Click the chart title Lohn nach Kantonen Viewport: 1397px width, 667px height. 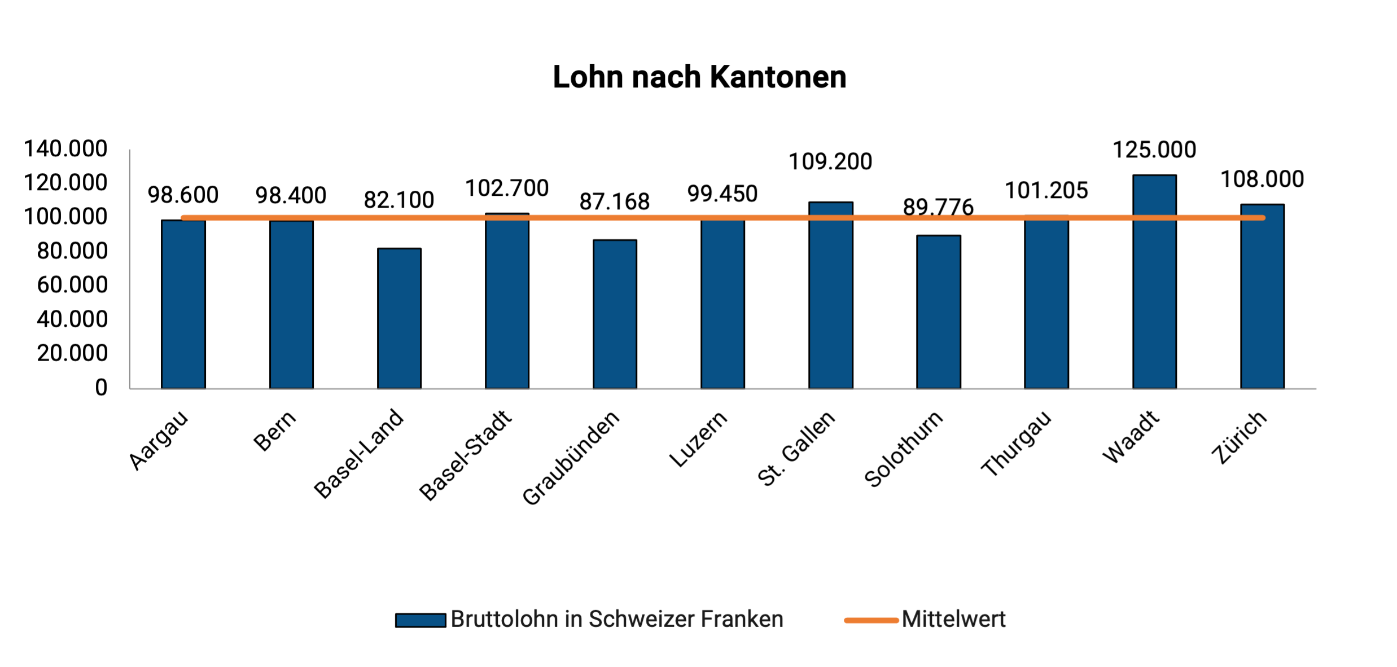pyautogui.click(x=699, y=77)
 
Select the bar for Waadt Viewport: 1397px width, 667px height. pyautogui.click(x=1154, y=282)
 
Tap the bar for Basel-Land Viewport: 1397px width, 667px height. pyautogui.click(x=399, y=319)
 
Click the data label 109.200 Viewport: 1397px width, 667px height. pyautogui.click(x=830, y=162)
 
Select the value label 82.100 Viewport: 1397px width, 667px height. pyautogui.click(x=399, y=200)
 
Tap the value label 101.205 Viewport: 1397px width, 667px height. pyautogui.click(x=1046, y=191)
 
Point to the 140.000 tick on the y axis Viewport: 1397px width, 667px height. pyautogui.click(x=65, y=149)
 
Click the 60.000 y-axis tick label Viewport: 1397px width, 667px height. pyautogui.click(x=72, y=285)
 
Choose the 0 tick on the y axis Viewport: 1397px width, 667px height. pyautogui.click(x=101, y=388)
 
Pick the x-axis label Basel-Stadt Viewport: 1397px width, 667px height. pyautogui.click(x=466, y=455)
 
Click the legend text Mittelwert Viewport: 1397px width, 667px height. pyautogui.click(x=953, y=620)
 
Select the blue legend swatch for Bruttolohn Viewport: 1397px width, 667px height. pyautogui.click(x=421, y=620)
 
